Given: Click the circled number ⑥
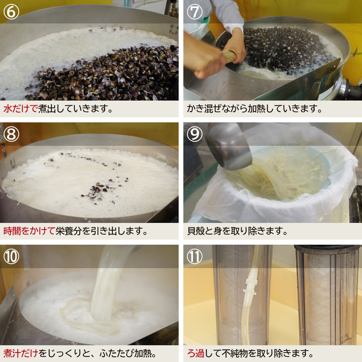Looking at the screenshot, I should (x=11, y=12).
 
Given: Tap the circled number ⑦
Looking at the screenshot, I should (x=195, y=12).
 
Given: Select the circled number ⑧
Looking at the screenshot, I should (x=11, y=134).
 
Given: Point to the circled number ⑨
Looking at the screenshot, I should (x=195, y=134).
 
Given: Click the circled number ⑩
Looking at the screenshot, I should (x=11, y=256).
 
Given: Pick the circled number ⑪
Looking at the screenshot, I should (x=195, y=256).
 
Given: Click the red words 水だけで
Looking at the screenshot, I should (x=20, y=109).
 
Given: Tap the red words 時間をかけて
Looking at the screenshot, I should (x=29, y=231).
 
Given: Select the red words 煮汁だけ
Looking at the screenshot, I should (x=20, y=353).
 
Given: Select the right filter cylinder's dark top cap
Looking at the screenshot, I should (x=327, y=248).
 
